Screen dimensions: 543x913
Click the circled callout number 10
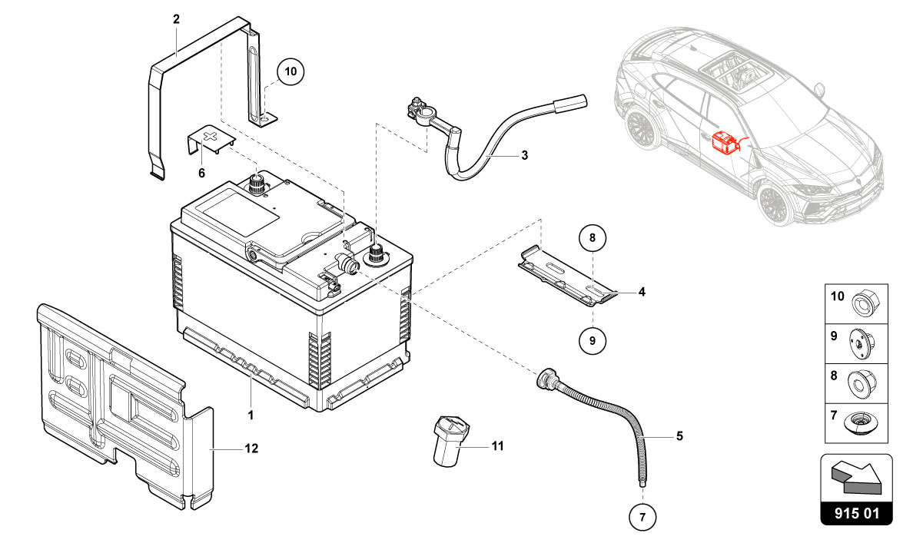[x=290, y=72]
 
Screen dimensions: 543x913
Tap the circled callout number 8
[x=593, y=239]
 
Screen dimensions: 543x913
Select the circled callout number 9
[x=593, y=338]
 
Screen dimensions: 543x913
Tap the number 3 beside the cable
[x=524, y=156]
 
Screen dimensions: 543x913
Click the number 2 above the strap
[x=176, y=19]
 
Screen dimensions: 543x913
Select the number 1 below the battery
[x=251, y=414]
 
